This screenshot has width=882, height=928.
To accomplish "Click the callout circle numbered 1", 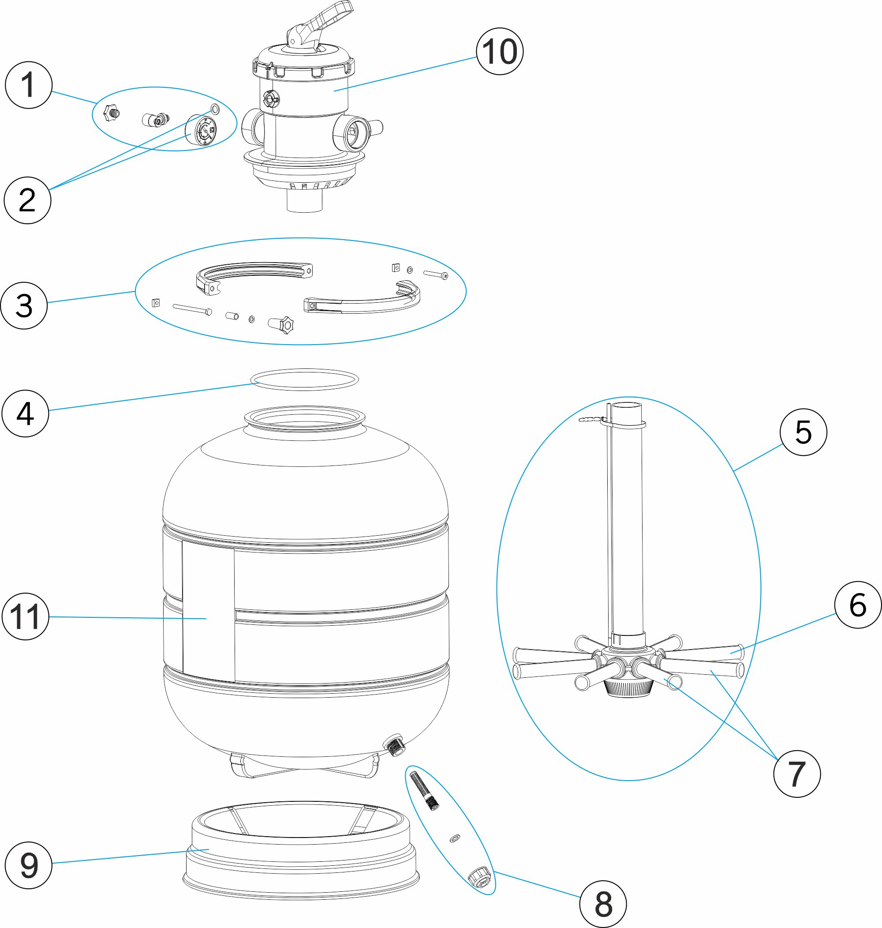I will tap(28, 85).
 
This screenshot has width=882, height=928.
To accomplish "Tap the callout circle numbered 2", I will tap(27, 200).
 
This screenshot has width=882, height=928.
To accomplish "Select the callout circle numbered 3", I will tap(24, 305).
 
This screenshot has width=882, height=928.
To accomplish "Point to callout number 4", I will tap(26, 413).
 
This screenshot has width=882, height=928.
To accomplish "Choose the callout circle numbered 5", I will tap(803, 432).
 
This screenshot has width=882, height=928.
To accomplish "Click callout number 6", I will tap(858, 605).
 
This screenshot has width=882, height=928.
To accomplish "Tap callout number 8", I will tap(603, 904).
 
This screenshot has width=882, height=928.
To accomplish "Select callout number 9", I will tap(28, 865).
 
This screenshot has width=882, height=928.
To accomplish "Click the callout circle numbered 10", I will tap(500, 51).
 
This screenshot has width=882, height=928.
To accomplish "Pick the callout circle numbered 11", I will tap(26, 616).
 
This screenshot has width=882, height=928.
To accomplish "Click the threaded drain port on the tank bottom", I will tap(393, 744).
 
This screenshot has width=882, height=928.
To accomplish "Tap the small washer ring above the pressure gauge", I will tap(215, 109).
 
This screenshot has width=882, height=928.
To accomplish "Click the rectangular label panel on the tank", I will tap(208, 614).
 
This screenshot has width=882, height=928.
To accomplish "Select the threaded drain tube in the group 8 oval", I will tap(425, 791).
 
